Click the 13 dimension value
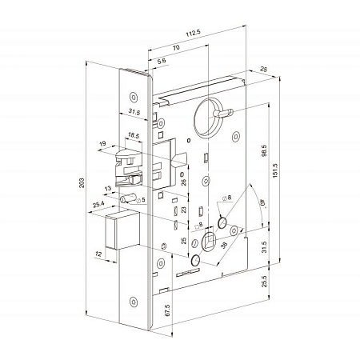pyautogui.click(x=109, y=189)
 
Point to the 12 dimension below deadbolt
pyautogui.click(x=98, y=254)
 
